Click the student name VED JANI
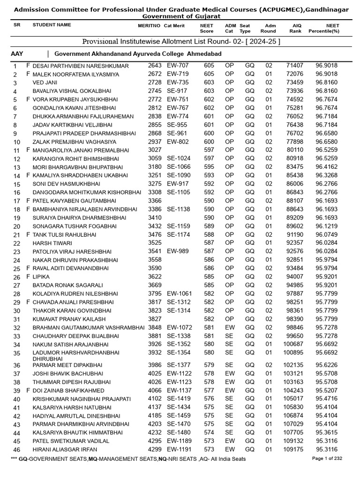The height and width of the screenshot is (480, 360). tap(45, 83)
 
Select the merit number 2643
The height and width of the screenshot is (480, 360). tap(155, 66)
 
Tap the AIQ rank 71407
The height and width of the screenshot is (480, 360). tap(295, 66)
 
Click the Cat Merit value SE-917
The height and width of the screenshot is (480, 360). tap(177, 91)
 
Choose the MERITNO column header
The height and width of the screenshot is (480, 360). tap(149, 25)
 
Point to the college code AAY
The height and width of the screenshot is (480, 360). tap(17, 54)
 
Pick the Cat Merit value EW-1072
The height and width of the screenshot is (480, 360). tap(180, 328)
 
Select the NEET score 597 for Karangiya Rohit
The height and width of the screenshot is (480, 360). tap(209, 158)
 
